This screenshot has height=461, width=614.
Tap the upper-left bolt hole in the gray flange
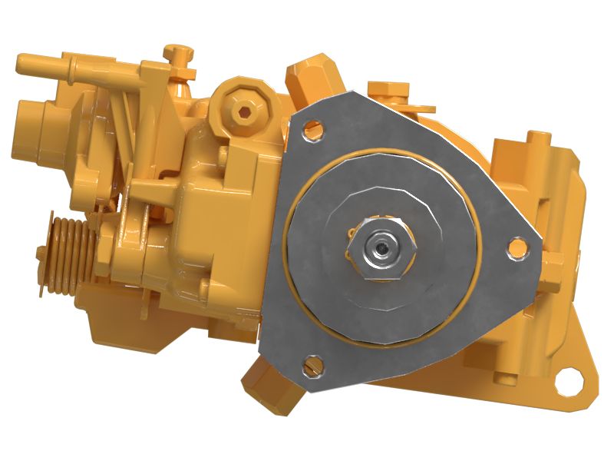[312, 130]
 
